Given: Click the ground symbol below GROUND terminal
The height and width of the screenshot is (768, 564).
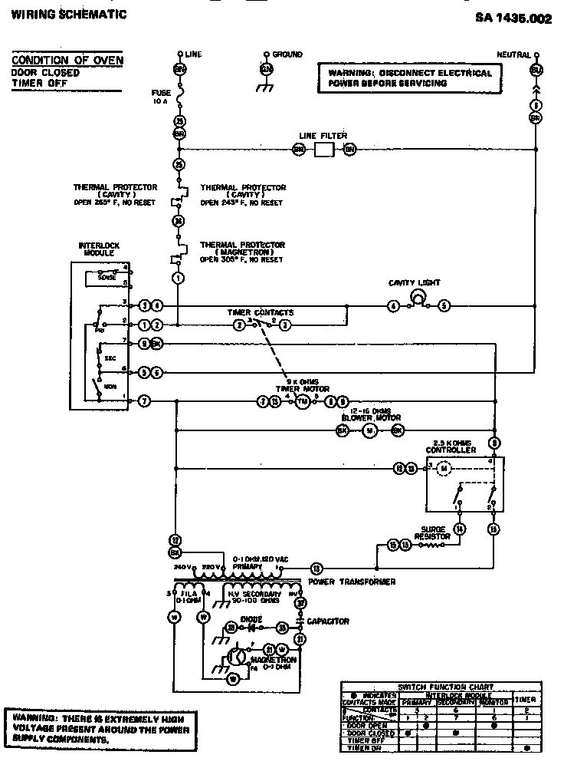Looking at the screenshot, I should click(266, 87).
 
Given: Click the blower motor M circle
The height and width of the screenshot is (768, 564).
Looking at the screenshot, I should click(369, 431).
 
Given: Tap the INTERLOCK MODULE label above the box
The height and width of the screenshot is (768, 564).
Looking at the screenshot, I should click(99, 250).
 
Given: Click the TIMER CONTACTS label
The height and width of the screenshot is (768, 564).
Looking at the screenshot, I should click(261, 313).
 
